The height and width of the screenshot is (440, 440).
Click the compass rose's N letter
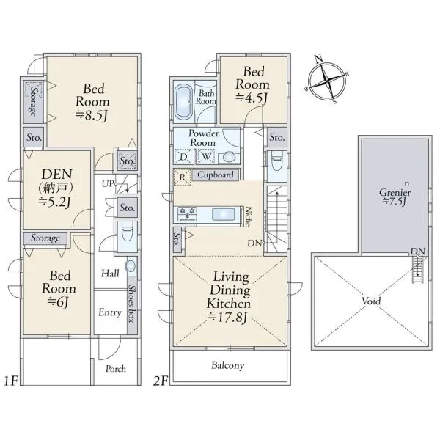318,59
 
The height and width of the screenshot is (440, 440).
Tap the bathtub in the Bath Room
184,102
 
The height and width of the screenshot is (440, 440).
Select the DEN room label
57,175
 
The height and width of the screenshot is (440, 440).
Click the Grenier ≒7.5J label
395,197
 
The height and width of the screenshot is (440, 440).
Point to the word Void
371,301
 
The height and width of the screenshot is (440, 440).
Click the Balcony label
227,365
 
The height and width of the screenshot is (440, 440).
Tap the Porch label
116,368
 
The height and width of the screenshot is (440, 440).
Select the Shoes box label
132,304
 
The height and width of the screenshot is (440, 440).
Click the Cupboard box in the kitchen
216,175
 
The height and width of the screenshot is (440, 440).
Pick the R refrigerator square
182,177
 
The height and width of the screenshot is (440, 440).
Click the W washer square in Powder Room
206,157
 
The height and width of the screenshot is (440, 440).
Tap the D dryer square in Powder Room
183,157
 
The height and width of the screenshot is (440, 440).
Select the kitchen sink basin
223,215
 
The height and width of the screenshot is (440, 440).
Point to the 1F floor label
11,381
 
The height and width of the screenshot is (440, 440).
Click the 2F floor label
161,381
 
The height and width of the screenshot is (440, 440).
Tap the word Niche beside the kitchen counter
249,216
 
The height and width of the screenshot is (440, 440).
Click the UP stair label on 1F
108,184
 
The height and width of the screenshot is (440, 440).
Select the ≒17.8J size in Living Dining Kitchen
227,317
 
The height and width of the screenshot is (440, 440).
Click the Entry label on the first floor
110,312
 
